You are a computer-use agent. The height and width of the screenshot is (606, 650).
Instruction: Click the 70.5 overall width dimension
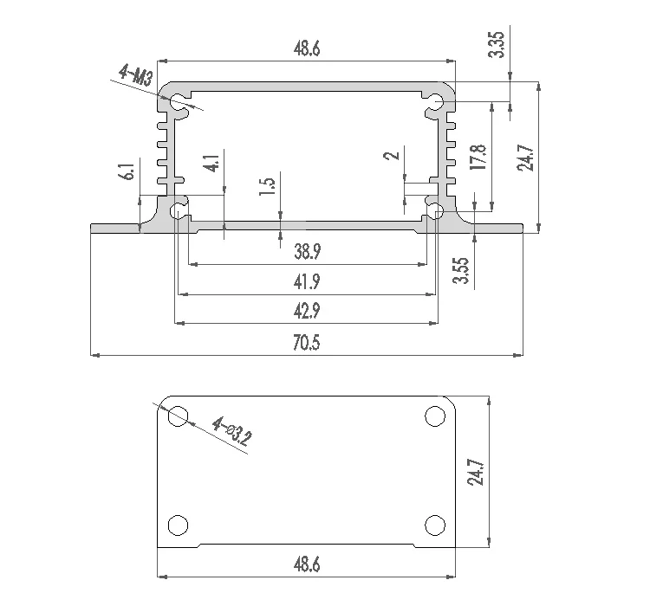(x=307, y=344)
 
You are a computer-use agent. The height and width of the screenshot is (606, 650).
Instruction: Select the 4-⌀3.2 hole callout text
(x=231, y=431)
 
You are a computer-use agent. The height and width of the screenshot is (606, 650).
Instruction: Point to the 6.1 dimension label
(x=129, y=171)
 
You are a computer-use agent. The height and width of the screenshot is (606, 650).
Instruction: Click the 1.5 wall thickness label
(x=270, y=188)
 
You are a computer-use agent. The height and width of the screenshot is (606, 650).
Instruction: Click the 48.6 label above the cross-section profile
(x=307, y=49)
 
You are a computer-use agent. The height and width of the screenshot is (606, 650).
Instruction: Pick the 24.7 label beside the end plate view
(x=475, y=474)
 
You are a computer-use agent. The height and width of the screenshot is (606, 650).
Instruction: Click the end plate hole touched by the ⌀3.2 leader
(x=178, y=416)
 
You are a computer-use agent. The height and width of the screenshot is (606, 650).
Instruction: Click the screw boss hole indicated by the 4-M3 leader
(x=179, y=103)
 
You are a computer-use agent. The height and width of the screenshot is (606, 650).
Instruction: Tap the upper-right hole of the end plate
(x=435, y=416)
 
